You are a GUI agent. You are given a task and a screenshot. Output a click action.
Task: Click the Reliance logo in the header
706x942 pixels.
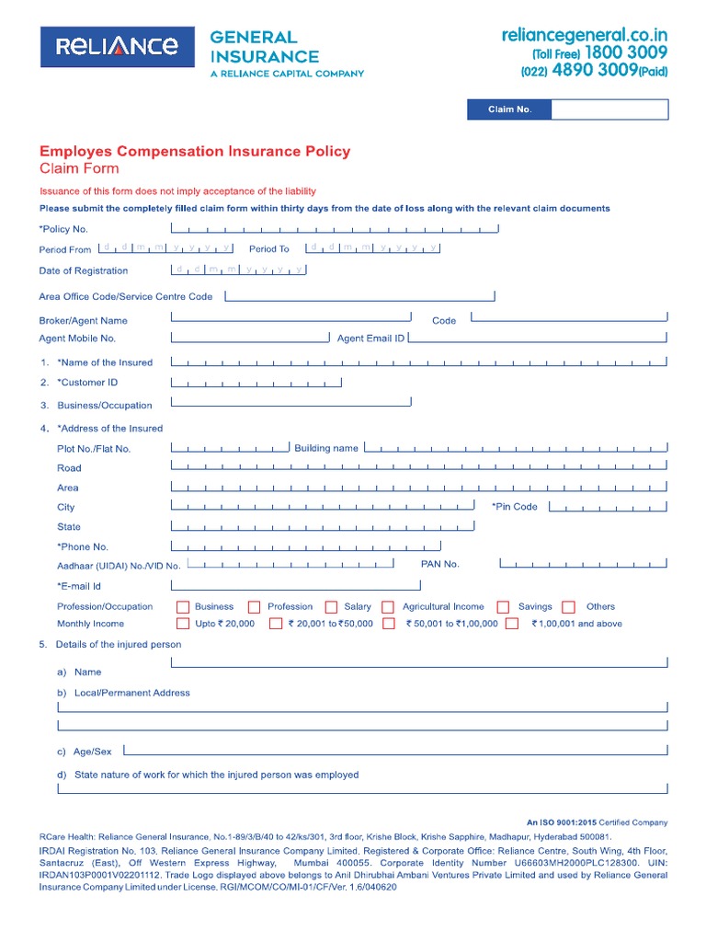pyautogui.click(x=117, y=46)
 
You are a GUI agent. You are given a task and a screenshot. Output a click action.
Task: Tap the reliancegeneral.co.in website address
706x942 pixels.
pyautogui.click(x=584, y=35)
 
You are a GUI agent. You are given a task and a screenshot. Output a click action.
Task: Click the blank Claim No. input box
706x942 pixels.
pyautogui.click(x=609, y=109)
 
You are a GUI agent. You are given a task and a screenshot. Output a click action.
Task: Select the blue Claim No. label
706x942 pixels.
pyautogui.click(x=509, y=109)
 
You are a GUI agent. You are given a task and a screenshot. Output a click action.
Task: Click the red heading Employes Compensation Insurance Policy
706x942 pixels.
pyautogui.click(x=194, y=151)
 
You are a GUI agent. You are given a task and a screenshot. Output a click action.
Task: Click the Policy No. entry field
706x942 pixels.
pyautogui.click(x=336, y=228)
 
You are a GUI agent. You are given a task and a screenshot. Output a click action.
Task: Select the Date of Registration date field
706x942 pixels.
pyautogui.click(x=239, y=270)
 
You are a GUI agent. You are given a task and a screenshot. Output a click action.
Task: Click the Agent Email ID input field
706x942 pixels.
pyautogui.click(x=538, y=338)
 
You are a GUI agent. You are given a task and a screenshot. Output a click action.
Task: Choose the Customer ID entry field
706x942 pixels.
pyautogui.click(x=256, y=382)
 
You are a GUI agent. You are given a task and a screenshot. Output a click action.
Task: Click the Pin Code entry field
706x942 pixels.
pyautogui.click(x=605, y=507)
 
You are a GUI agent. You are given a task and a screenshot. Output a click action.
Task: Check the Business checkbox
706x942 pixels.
pyautogui.click(x=183, y=607)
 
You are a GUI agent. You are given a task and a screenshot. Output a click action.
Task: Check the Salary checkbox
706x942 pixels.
pyautogui.click(x=332, y=607)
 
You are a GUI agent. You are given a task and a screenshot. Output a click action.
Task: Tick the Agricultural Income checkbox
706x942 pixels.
pyautogui.click(x=388, y=607)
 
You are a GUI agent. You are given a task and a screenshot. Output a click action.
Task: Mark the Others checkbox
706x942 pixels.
pyautogui.click(x=569, y=607)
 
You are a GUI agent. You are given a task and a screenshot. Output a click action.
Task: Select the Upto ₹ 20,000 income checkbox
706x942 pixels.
pyautogui.click(x=183, y=624)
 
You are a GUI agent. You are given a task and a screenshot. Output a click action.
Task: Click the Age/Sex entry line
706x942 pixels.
pyautogui.click(x=393, y=750)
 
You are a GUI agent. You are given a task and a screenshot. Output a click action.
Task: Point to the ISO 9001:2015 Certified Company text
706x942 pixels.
pyautogui.click(x=597, y=822)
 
